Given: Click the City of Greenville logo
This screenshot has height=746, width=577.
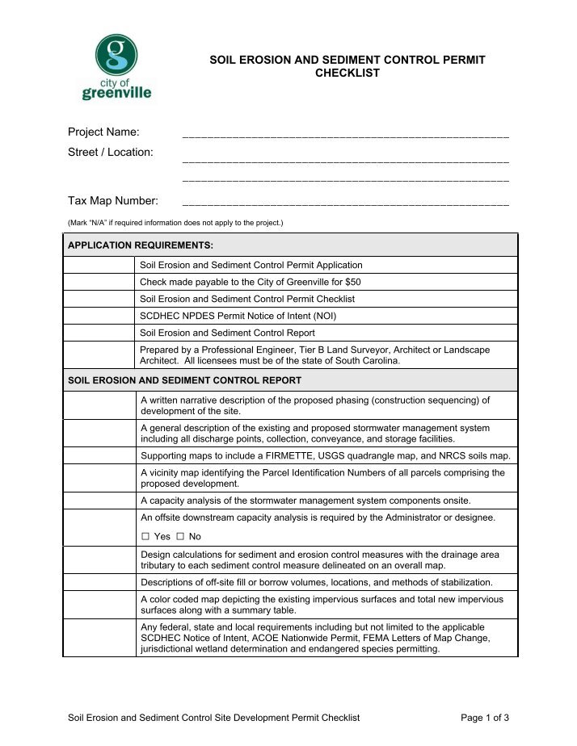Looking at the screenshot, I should [x=117, y=67].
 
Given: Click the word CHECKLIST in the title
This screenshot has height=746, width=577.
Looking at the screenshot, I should [x=347, y=73].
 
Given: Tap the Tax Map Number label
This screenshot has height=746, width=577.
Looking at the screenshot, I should [x=113, y=200].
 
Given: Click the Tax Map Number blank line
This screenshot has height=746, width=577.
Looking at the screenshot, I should [x=346, y=204].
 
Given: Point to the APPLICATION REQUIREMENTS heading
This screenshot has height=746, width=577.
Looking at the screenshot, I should [x=141, y=245].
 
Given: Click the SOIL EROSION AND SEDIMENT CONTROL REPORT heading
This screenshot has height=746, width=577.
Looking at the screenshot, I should [x=184, y=380].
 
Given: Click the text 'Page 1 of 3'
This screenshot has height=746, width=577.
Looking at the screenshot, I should [x=484, y=717].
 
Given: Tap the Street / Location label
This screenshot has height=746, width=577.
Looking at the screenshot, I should [x=111, y=152].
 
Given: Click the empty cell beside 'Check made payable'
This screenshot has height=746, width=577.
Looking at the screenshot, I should [x=99, y=282].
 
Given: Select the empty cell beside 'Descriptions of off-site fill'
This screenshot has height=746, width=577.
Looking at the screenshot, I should [x=99, y=582].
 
